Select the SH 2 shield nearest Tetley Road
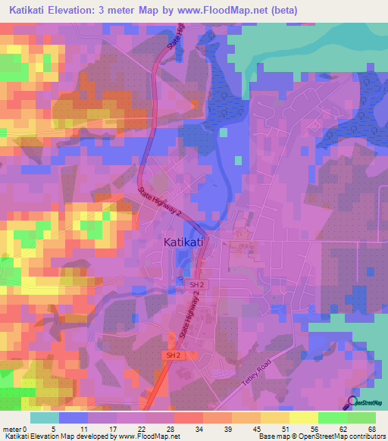point(173,355)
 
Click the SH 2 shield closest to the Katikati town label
point(198,283)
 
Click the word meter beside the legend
point(11,429)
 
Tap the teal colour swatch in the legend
point(45,418)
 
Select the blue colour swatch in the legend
point(74,418)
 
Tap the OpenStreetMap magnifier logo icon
point(354,402)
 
